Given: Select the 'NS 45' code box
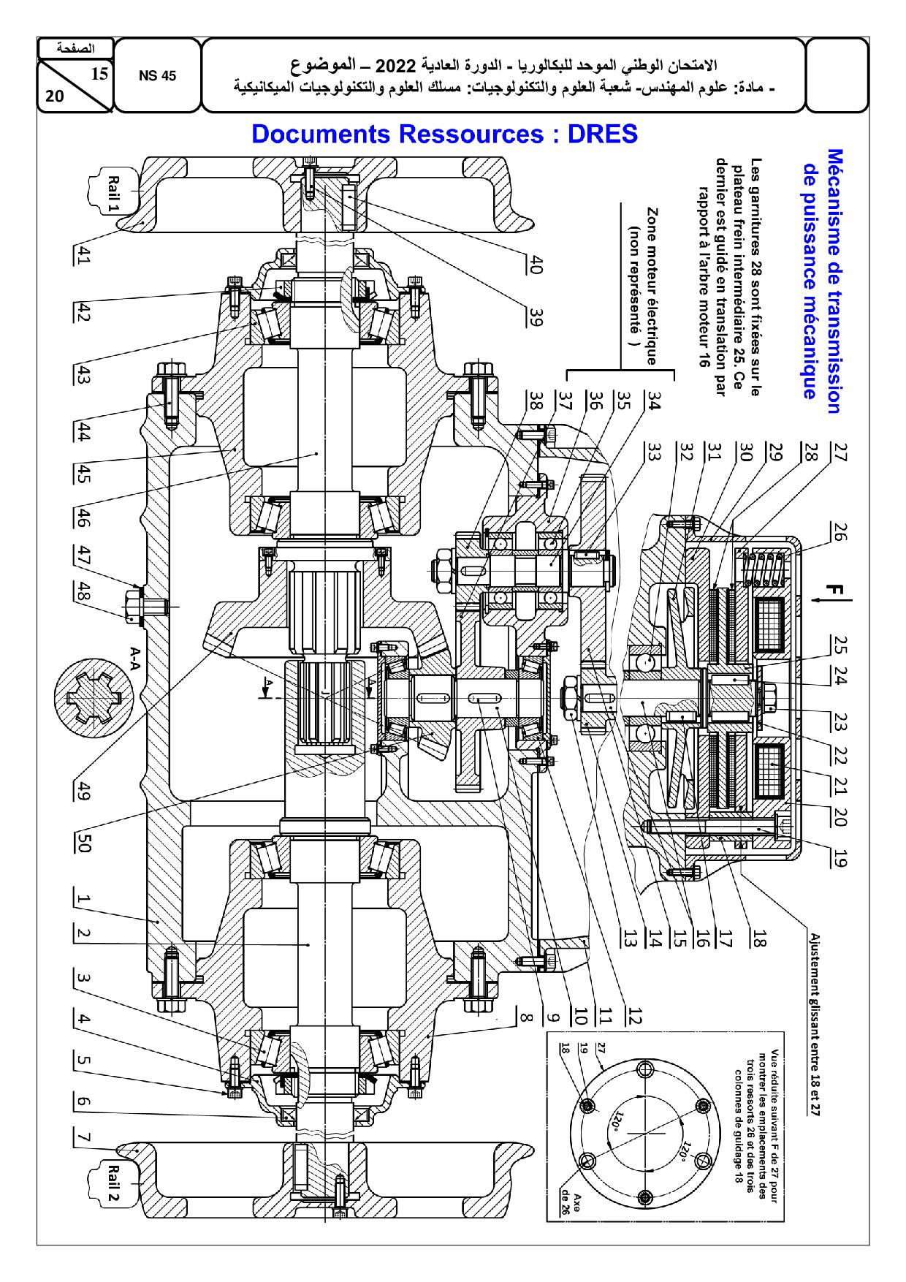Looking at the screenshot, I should [157, 76].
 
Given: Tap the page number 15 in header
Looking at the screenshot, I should [100, 72].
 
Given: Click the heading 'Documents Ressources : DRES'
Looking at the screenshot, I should [444, 134].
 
